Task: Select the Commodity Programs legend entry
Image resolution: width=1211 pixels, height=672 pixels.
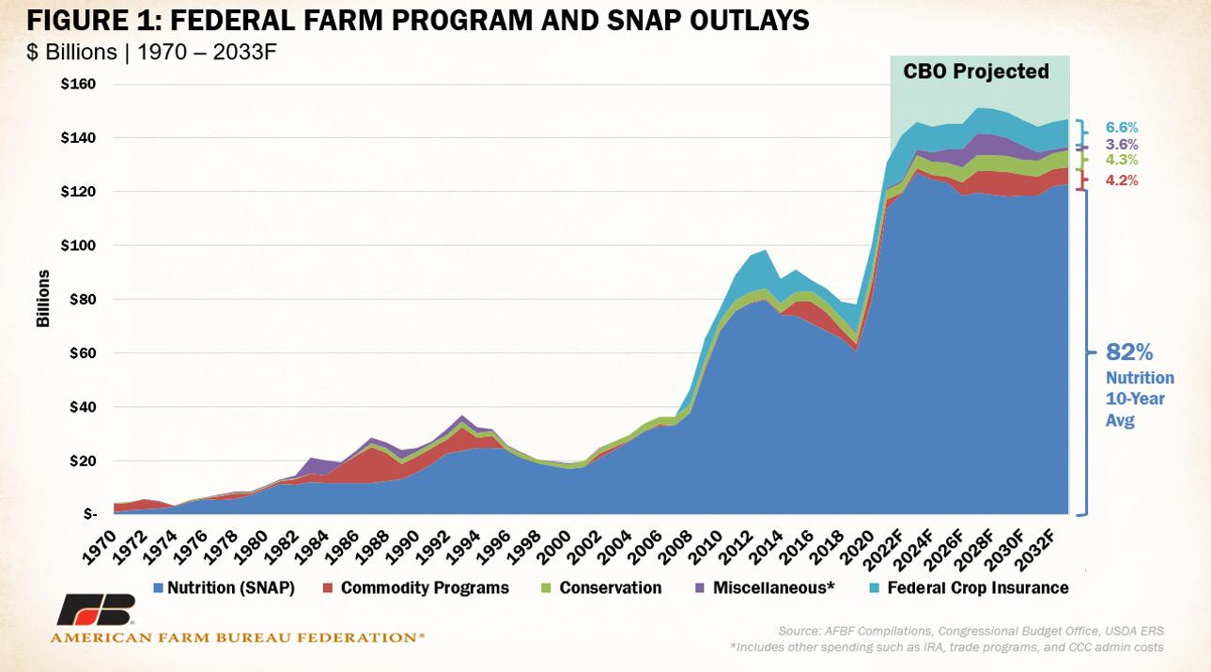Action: [x=425, y=588]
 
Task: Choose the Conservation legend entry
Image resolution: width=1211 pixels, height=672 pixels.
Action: [x=610, y=588]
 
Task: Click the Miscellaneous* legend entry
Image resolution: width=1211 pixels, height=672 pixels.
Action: [x=766, y=588]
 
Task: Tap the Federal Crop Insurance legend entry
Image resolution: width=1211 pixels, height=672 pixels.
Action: [x=977, y=588]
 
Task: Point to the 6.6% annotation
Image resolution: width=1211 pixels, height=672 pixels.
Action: [x=1121, y=127]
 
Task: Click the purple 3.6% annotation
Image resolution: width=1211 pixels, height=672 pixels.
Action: [x=1121, y=145]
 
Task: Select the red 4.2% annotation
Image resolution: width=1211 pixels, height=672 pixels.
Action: [x=1121, y=180]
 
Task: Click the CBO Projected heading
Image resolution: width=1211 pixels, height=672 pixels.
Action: [x=976, y=71]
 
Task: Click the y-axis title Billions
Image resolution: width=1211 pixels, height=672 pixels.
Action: [x=43, y=300]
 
